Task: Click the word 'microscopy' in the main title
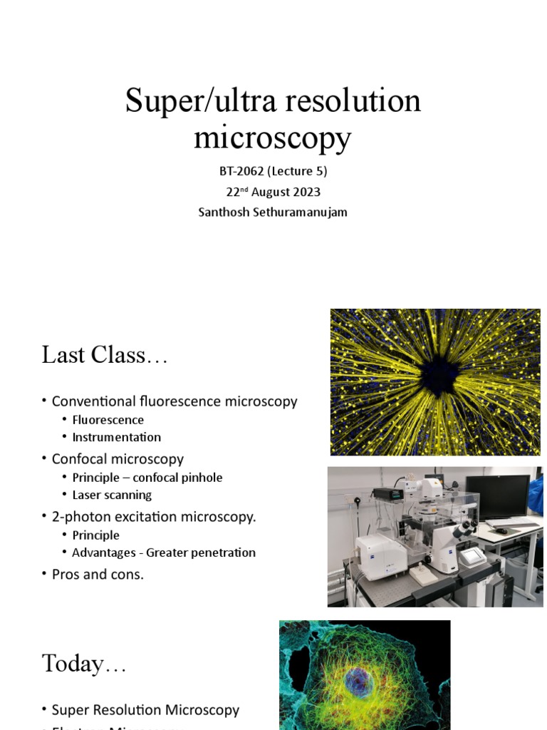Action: point(273,138)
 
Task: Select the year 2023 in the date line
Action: point(304,192)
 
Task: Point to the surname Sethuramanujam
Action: point(303,212)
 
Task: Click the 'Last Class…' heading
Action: point(105,354)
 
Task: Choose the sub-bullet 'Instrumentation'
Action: point(117,437)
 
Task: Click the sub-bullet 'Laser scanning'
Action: point(112,495)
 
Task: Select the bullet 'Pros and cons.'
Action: point(98,574)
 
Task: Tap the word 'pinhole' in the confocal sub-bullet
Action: point(202,478)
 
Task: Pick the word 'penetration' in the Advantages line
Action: point(220,552)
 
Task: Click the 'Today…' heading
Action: point(84,663)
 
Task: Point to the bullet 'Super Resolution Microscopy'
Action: point(145,710)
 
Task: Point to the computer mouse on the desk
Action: point(501,531)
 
